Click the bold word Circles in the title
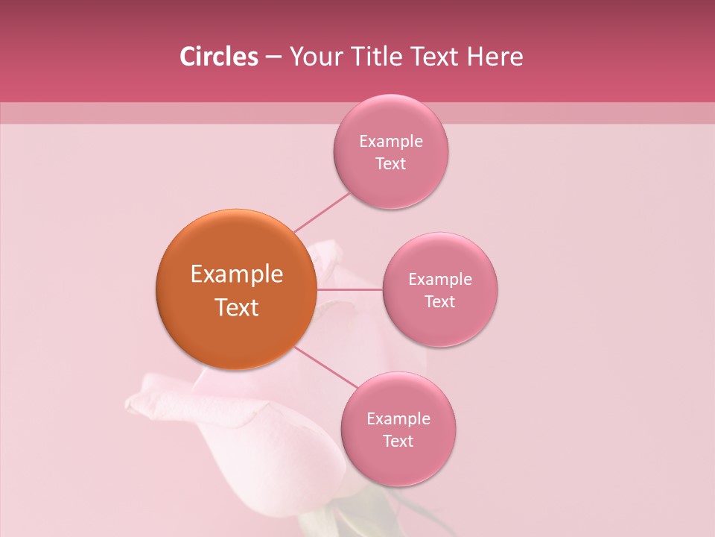click(219, 57)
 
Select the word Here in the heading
click(495, 57)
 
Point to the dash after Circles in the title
click(273, 57)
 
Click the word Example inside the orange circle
click(237, 274)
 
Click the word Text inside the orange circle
click(237, 307)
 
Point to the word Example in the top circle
click(391, 142)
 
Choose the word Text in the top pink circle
click(390, 164)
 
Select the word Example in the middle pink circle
click(440, 280)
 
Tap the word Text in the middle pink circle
click(439, 302)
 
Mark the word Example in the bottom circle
click(398, 419)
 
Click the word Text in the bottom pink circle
click(398, 442)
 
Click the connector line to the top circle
click(322, 212)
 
